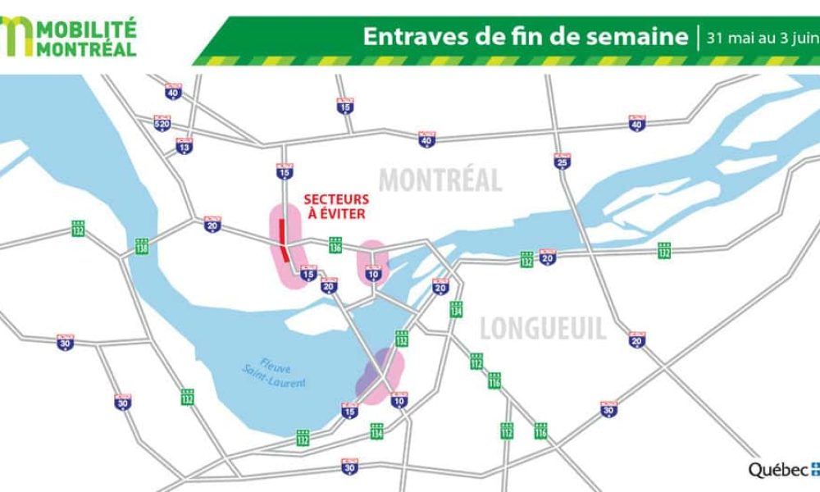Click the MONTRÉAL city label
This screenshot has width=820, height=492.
click(440, 180)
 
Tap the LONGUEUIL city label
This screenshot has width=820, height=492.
click(543, 329)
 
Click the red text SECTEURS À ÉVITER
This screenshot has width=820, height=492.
click(336, 206)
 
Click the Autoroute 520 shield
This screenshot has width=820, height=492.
click(162, 124)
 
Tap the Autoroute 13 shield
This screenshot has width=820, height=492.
click(184, 146)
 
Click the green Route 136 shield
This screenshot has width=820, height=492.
click(335, 245)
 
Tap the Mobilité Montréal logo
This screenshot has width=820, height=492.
click(70, 36)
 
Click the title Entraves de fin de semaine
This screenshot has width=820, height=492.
click(525, 37)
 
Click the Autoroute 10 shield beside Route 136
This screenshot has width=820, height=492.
click(374, 275)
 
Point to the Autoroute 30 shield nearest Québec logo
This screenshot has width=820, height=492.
click(608, 409)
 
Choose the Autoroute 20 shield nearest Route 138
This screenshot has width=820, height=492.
click(212, 224)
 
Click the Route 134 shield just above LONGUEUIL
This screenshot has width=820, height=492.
click(456, 309)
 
